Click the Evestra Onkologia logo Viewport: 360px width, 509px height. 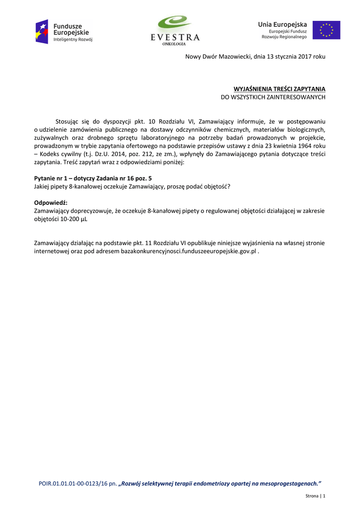click(x=175, y=31)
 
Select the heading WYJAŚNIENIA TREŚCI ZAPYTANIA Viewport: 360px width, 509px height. click(x=279, y=89)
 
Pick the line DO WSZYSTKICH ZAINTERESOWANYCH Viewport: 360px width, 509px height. click(x=273, y=97)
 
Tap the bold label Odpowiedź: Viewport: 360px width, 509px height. click(x=51, y=202)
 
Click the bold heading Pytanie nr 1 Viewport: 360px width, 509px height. click(x=51, y=178)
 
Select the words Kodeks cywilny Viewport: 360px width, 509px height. click(x=60, y=154)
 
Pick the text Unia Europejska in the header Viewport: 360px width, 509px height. click(x=282, y=24)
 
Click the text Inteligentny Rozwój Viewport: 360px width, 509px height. click(x=73, y=39)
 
